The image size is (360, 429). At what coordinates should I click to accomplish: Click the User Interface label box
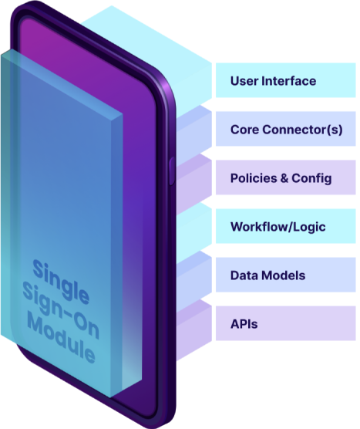[x=286, y=80]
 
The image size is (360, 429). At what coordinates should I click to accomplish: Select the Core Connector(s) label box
[x=286, y=129]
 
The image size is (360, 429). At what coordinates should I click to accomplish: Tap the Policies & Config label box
[x=286, y=177]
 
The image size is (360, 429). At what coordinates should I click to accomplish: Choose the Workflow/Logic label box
[x=286, y=226]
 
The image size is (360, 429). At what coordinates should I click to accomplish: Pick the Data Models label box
[x=286, y=275]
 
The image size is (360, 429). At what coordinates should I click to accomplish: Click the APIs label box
[x=286, y=323]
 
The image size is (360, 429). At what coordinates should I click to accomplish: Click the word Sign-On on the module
[x=61, y=310]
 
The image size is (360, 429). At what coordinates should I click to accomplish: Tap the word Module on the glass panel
[x=61, y=339]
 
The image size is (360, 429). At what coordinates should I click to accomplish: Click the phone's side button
[x=172, y=171]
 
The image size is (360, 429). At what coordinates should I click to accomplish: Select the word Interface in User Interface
[x=288, y=81]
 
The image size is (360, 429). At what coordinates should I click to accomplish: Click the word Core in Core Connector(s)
[x=245, y=130]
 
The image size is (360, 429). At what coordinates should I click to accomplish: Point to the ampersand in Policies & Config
[x=284, y=178]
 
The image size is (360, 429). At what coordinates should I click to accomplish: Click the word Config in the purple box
[x=311, y=179]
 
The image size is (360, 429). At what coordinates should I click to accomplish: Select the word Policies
[x=254, y=178]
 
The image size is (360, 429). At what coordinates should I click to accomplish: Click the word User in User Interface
[x=244, y=81]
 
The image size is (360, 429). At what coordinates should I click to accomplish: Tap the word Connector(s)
[x=302, y=130]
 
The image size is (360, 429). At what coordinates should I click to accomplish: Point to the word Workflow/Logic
[x=278, y=228]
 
